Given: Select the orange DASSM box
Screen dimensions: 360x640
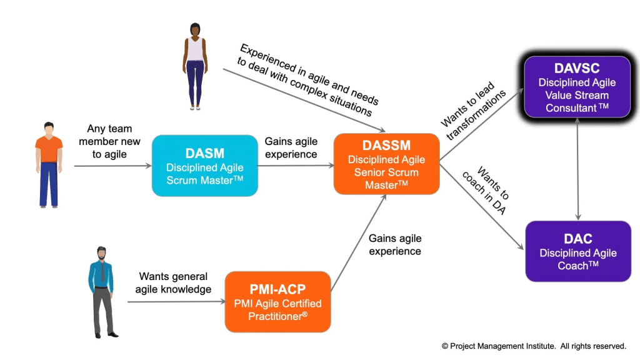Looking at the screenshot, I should pyautogui.click(x=386, y=163).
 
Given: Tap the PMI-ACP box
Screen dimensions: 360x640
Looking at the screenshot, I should pyautogui.click(x=277, y=301).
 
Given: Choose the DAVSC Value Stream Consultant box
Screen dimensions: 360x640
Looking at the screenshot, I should pyautogui.click(x=577, y=87).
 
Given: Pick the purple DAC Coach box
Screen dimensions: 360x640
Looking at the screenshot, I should pyautogui.click(x=577, y=251).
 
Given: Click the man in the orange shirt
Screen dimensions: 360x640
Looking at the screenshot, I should pyautogui.click(x=49, y=164).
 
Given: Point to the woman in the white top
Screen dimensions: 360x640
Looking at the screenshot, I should pyautogui.click(x=195, y=66).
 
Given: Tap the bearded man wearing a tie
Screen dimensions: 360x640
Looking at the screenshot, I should pyautogui.click(x=101, y=291).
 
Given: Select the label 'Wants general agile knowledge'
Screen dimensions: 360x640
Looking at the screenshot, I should pyautogui.click(x=174, y=282).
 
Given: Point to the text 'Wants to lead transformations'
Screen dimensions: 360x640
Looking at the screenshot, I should pyautogui.click(x=474, y=103).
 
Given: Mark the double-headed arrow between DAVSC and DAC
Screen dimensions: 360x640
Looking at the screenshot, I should pyautogui.click(x=577, y=169).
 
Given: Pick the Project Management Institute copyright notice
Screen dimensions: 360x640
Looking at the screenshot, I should pyautogui.click(x=534, y=346).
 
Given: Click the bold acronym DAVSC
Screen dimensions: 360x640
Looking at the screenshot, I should pyautogui.click(x=577, y=68).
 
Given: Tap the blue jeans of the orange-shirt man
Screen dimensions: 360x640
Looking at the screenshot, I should pyautogui.click(x=49, y=184).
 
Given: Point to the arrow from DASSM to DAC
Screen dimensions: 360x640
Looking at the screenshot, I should pyautogui.click(x=482, y=206).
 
